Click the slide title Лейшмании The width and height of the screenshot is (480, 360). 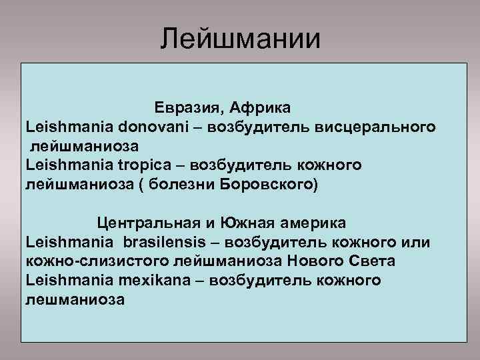coord(240,37)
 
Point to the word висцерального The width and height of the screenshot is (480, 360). coord(379,125)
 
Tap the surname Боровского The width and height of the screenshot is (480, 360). coord(266,182)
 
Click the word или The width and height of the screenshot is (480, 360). coord(417,240)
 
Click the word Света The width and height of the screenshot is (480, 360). coord(377,259)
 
